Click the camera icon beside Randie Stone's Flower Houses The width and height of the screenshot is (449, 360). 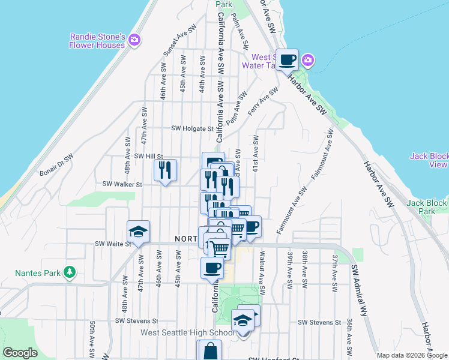pos(134,40)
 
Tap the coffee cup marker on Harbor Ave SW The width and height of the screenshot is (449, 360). pos(287,59)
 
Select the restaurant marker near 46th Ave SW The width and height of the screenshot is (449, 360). pos(165,170)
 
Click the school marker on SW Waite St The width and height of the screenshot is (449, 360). pos(138,232)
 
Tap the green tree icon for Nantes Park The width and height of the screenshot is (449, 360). pos(70,272)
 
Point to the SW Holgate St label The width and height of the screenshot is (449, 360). pos(192,128)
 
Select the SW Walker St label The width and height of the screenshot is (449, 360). pos(122,184)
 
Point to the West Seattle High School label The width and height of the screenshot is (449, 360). pos(187,333)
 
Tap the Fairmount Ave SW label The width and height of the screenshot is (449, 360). pos(291,210)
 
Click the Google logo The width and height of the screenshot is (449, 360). pos(20,353)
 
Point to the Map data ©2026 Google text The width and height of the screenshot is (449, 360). pos(412,355)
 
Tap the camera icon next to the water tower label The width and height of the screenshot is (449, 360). pos(308,60)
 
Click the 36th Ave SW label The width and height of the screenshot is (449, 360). pos(349,336)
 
